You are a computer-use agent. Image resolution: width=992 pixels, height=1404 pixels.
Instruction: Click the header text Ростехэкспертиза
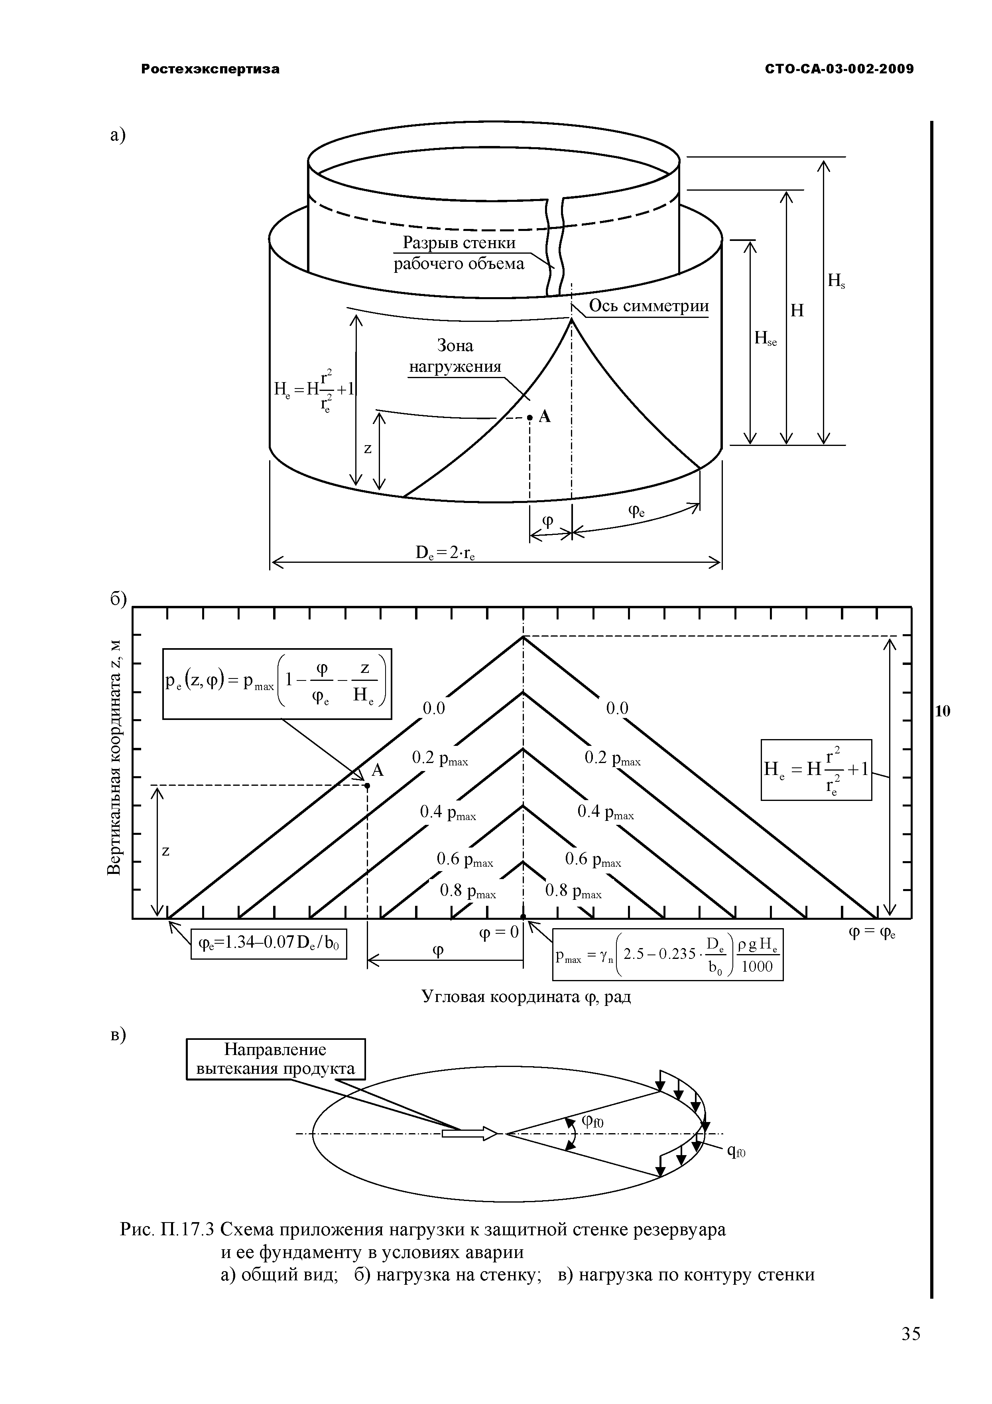pyautogui.click(x=210, y=69)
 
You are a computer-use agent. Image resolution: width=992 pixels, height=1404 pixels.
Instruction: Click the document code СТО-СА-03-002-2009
pyautogui.click(x=839, y=69)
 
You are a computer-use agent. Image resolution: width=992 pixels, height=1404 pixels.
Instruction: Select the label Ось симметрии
pyautogui.click(x=648, y=306)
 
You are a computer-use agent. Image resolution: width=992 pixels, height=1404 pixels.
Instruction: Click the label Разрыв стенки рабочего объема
pyautogui.click(x=459, y=253)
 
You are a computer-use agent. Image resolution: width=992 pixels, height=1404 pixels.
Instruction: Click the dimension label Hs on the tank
pyautogui.click(x=836, y=281)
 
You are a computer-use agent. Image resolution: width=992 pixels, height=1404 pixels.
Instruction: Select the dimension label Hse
pyautogui.click(x=765, y=338)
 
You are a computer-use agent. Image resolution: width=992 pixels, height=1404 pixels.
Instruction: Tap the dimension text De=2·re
pyautogui.click(x=446, y=553)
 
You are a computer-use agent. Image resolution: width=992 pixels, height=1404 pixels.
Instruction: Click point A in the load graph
pyautogui.click(x=367, y=786)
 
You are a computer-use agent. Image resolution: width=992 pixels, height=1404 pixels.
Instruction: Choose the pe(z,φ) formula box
pyautogui.click(x=277, y=684)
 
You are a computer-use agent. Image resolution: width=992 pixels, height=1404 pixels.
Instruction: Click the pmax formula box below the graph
pyautogui.click(x=667, y=954)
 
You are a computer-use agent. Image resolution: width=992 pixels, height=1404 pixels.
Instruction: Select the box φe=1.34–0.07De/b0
pyautogui.click(x=268, y=945)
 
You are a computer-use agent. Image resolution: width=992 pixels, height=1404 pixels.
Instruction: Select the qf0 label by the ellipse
pyautogui.click(x=736, y=1152)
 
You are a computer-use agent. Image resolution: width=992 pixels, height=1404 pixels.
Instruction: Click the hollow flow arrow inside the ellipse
pyautogui.click(x=469, y=1134)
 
